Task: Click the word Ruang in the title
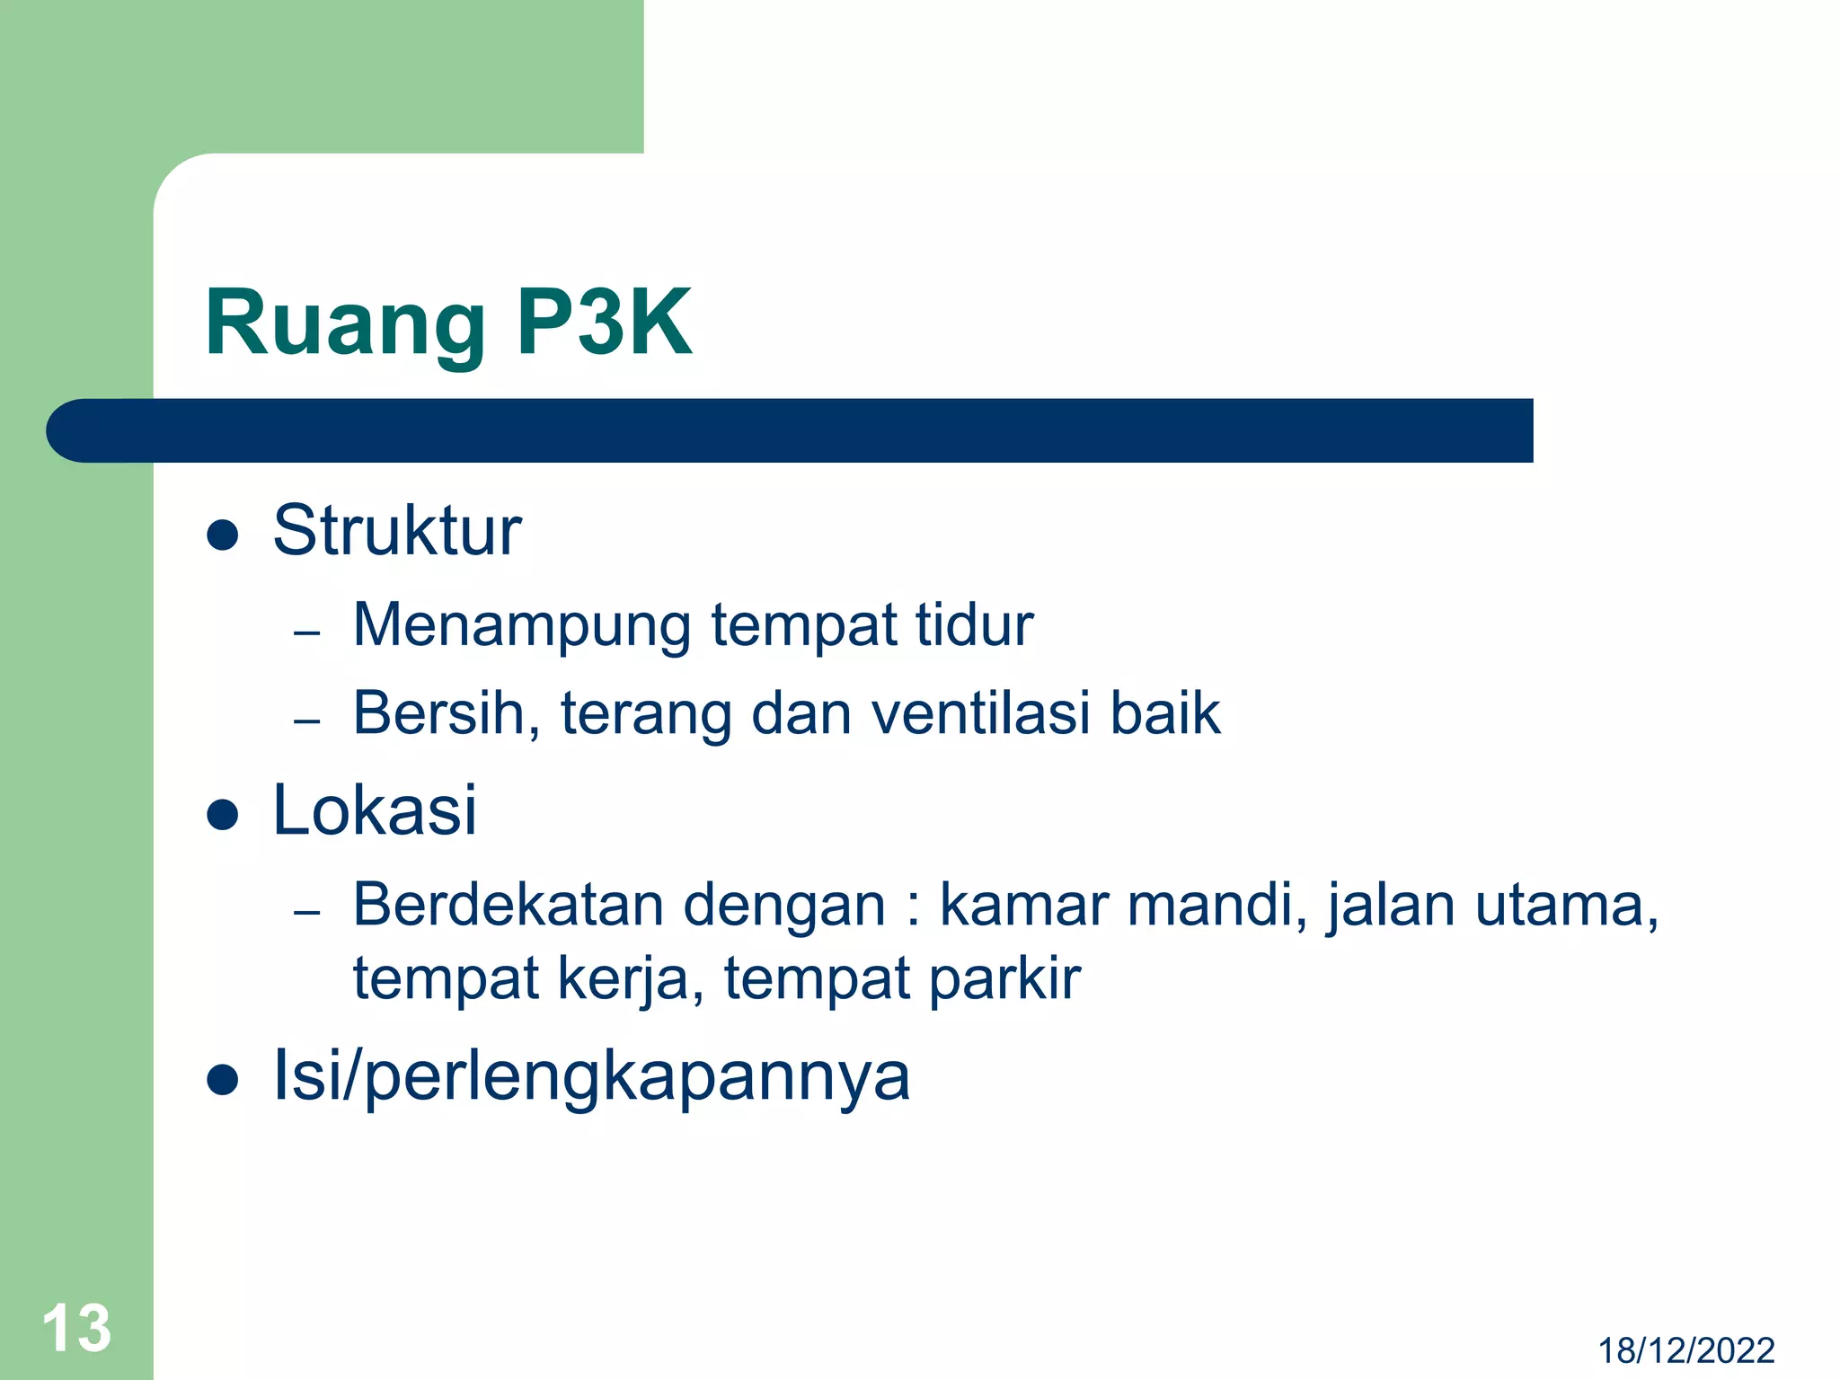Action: tap(345, 324)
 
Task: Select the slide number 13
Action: tap(76, 1327)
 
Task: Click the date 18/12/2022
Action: tap(1685, 1350)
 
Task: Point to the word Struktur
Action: tap(396, 531)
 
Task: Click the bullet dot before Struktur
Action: tap(222, 535)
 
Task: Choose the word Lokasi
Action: tap(374, 810)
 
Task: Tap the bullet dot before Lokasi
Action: tap(222, 815)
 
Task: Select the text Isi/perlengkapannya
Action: tap(591, 1075)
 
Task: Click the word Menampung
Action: tap(522, 626)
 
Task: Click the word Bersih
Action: tap(446, 713)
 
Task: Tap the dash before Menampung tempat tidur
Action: tap(307, 632)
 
